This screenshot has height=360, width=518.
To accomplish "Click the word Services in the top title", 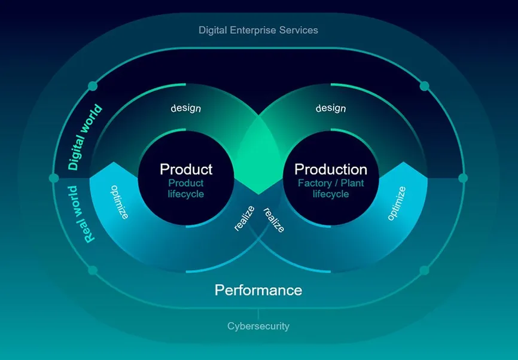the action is [298, 30].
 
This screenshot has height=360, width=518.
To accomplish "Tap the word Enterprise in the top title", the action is [253, 30].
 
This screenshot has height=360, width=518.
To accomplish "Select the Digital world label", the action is [84, 137].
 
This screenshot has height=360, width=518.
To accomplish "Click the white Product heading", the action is [186, 169].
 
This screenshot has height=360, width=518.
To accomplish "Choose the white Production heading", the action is [331, 169].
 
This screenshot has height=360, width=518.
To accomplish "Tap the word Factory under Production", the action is [315, 184].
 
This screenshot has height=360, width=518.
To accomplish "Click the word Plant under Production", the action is [352, 183].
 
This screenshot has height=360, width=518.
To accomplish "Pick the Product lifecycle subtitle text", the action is [186, 188].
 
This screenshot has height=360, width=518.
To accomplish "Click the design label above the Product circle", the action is [185, 108].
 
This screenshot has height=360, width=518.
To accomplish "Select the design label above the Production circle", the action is [331, 108].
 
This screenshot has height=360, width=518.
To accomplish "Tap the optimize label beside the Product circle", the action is [119, 202].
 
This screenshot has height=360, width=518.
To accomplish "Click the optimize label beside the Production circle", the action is [397, 203].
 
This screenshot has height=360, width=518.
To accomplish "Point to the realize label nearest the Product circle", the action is [244, 218].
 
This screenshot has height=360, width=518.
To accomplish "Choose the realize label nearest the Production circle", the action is [274, 220].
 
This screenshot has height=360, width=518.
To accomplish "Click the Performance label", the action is [258, 290].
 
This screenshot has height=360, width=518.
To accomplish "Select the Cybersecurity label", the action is [258, 327].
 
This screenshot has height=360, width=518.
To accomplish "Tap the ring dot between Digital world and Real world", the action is [54, 178].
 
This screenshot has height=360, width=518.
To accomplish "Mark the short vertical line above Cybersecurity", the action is [258, 314].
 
